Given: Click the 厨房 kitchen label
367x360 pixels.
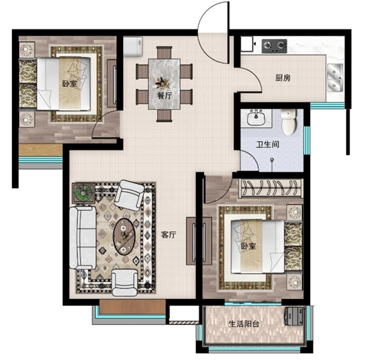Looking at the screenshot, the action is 283,78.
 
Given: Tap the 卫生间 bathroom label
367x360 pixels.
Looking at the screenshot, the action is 268,144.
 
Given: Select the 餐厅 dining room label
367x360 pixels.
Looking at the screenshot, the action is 164,95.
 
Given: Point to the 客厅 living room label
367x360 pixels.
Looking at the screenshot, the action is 168,235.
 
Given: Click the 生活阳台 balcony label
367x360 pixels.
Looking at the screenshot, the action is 244,324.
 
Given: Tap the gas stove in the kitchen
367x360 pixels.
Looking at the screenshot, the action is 274,46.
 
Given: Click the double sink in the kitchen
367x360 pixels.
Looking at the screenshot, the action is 335,78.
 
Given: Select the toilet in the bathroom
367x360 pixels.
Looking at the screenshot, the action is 289,122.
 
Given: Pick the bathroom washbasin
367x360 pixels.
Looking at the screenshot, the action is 256,118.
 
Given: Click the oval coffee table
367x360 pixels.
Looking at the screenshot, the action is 124,237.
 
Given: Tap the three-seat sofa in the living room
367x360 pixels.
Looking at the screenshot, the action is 83,237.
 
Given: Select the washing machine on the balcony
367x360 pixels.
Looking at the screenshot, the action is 294,316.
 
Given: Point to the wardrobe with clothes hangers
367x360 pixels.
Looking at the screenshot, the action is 271,188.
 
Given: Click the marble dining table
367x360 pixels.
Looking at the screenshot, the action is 164,84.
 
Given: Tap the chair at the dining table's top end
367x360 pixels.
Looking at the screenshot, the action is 164,52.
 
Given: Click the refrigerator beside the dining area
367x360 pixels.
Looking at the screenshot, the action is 132,47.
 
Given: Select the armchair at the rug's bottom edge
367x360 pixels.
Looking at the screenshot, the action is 125,282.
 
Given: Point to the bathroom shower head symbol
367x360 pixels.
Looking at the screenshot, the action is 272,160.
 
